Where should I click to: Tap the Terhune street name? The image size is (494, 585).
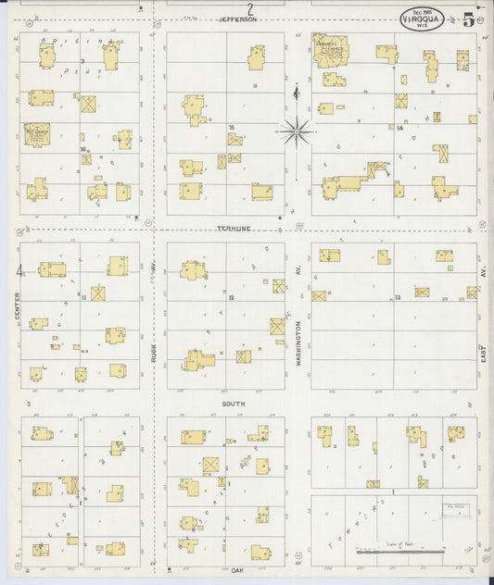(235, 227)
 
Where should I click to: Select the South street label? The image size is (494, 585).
(234, 404)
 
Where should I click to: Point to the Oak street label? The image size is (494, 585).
(237, 570)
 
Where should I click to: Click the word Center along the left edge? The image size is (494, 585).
(18, 308)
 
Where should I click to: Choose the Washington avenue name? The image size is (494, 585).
(298, 341)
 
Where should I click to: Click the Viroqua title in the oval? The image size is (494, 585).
(422, 19)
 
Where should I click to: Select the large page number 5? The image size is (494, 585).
(469, 19)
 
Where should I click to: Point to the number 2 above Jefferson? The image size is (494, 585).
(249, 8)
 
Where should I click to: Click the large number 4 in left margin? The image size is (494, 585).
(19, 270)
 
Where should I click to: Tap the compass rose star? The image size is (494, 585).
(296, 132)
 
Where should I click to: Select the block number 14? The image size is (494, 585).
(399, 128)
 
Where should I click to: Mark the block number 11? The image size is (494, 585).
(83, 298)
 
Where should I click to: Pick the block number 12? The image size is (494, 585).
(232, 298)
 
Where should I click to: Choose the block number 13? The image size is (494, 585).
(397, 297)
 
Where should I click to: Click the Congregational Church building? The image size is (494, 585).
(330, 52)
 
